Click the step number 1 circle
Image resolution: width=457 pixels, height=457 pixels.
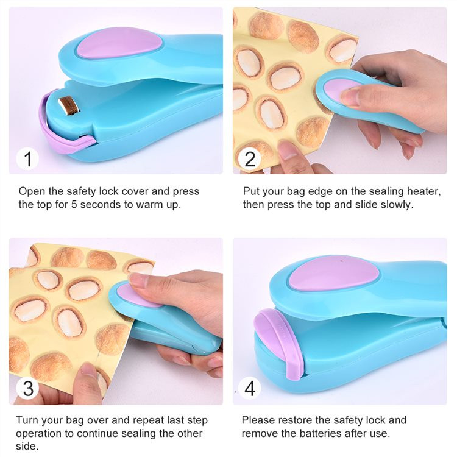click(27, 159)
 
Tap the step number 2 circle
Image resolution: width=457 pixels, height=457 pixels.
click(249, 159)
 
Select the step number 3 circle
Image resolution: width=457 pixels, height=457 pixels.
click(27, 388)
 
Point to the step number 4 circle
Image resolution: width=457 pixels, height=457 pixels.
click(249, 388)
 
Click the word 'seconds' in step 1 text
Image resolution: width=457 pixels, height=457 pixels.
click(96, 205)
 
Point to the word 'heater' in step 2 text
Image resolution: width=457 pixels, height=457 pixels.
click(422, 191)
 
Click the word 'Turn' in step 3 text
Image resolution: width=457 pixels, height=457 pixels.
click(28, 420)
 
